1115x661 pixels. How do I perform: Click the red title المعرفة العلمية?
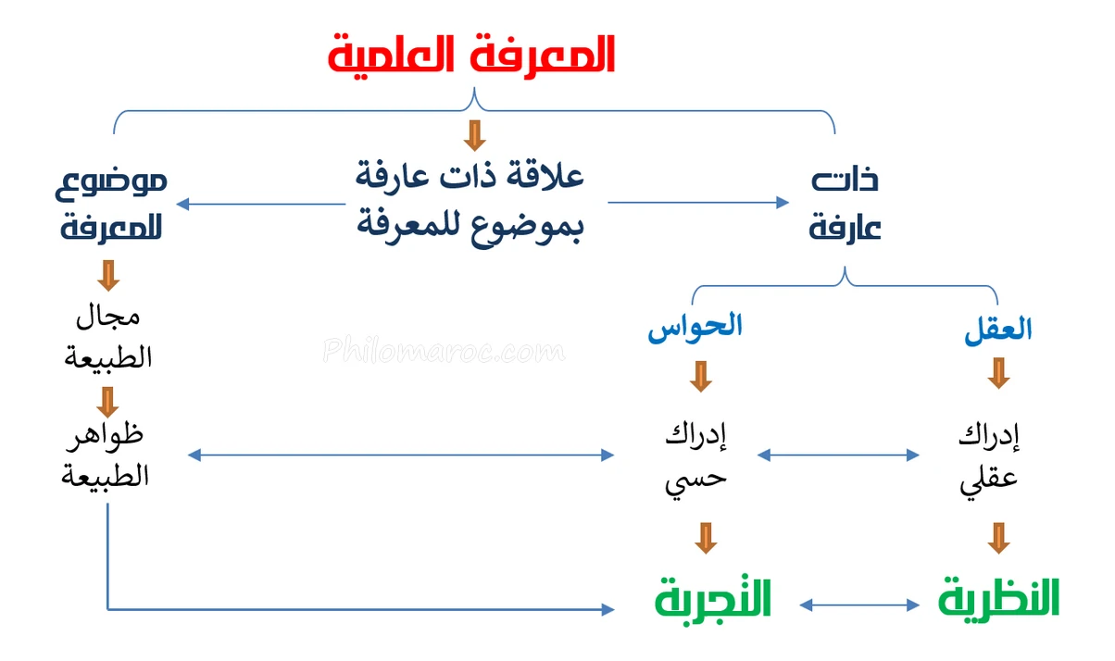pyautogui.click(x=471, y=56)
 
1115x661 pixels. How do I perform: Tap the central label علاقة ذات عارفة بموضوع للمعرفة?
pyautogui.click(x=470, y=202)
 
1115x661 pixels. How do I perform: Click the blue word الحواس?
pyautogui.click(x=695, y=327)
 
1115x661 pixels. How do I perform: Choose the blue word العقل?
pyautogui.click(x=997, y=330)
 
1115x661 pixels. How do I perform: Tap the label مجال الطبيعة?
pyautogui.click(x=107, y=337)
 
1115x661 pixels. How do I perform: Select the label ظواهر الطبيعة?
pyautogui.click(x=105, y=455)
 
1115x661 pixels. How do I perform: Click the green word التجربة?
pyautogui.click(x=713, y=599)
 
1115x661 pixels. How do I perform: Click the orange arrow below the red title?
pyautogui.click(x=475, y=135)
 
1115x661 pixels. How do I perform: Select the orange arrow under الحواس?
pyautogui.click(x=701, y=377)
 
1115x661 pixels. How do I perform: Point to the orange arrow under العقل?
pyautogui.click(x=998, y=373)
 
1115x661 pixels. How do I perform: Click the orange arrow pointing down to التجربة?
pyautogui.click(x=706, y=538)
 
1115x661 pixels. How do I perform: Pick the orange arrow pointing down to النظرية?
pyautogui.click(x=998, y=538)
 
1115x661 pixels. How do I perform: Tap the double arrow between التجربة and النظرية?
pyautogui.click(x=859, y=605)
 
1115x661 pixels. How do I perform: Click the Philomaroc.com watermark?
pyautogui.click(x=444, y=350)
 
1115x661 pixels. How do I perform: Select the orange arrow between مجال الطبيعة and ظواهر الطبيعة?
pyautogui.click(x=107, y=402)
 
